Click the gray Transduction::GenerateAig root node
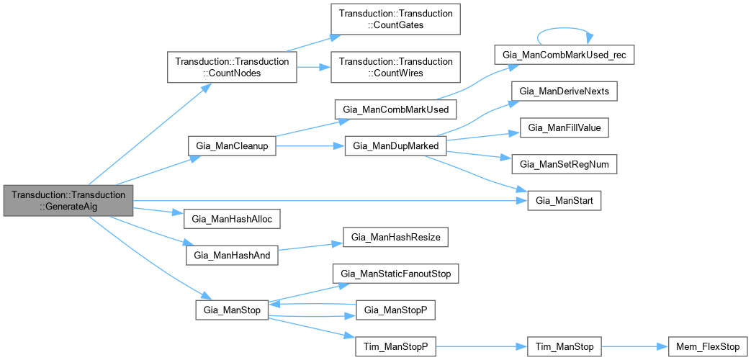click(x=68, y=200)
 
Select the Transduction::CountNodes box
click(x=232, y=68)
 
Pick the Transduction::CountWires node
click(x=395, y=68)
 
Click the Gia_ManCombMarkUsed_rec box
click(x=564, y=55)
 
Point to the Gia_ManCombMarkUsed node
click(x=396, y=109)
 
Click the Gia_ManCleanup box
click(x=232, y=145)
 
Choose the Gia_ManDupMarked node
click(x=396, y=145)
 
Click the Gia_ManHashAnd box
click(x=232, y=255)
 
